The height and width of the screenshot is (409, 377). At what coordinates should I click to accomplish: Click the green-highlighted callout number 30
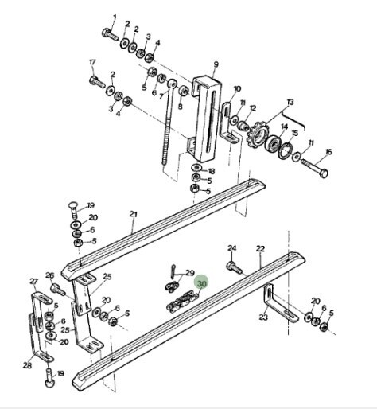tap(202, 283)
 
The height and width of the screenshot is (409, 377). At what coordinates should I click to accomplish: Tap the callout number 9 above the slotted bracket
tap(216, 64)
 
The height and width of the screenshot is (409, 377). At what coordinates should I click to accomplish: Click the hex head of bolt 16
tap(324, 173)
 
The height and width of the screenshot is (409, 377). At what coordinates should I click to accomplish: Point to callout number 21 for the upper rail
tap(133, 214)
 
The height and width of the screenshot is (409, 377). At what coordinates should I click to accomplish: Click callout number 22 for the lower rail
tap(260, 249)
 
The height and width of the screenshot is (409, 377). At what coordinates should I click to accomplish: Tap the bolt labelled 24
tap(235, 267)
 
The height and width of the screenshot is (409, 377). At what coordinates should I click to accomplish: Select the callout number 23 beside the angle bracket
tap(263, 317)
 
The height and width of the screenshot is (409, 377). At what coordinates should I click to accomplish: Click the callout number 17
tap(92, 62)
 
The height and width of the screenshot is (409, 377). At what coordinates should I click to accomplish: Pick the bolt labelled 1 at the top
tap(110, 34)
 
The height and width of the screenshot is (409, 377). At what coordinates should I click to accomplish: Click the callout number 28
tap(27, 365)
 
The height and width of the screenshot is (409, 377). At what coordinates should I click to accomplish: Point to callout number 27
tap(34, 281)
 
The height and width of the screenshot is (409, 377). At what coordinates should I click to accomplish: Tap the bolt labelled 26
tap(58, 290)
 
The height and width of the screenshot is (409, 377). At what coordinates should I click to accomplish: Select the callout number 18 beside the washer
tap(212, 171)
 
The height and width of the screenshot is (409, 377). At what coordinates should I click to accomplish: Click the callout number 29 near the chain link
tap(190, 273)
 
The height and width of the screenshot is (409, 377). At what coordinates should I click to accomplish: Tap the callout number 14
tap(285, 127)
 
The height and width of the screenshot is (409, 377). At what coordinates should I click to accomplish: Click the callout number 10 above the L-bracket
tap(237, 88)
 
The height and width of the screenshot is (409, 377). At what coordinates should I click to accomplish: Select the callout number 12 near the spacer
tap(253, 108)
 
